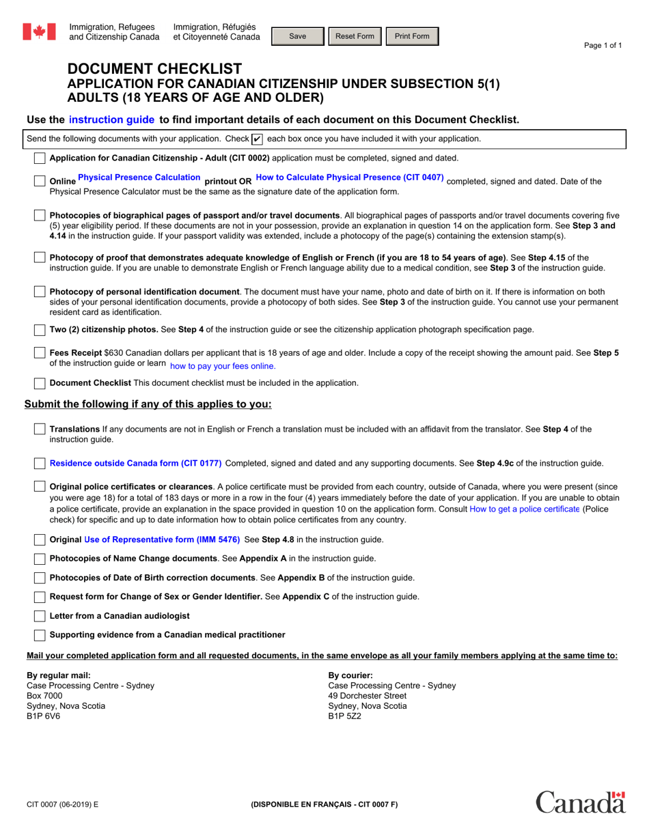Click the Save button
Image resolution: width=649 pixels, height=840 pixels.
click(x=298, y=36)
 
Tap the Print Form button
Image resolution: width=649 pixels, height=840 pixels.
click(x=412, y=36)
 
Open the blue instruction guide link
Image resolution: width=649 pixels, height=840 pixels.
click(x=112, y=120)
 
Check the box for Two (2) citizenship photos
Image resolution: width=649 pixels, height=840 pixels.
click(x=40, y=330)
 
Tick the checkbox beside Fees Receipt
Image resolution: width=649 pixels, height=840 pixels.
click(x=40, y=354)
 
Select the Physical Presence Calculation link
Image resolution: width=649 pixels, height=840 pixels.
click(x=139, y=178)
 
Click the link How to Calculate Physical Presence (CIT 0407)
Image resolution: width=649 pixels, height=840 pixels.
click(x=350, y=178)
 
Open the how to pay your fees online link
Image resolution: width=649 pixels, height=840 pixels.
click(x=223, y=366)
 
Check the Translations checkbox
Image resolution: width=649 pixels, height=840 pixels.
click(x=40, y=430)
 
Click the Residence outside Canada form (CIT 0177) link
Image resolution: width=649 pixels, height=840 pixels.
click(x=136, y=463)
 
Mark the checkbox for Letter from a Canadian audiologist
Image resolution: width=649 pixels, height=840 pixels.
click(x=40, y=616)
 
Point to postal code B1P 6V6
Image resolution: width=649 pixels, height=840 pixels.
click(x=43, y=716)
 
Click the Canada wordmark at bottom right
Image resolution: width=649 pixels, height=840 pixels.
click(x=580, y=802)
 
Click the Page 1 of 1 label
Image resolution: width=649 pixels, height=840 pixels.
click(x=603, y=46)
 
